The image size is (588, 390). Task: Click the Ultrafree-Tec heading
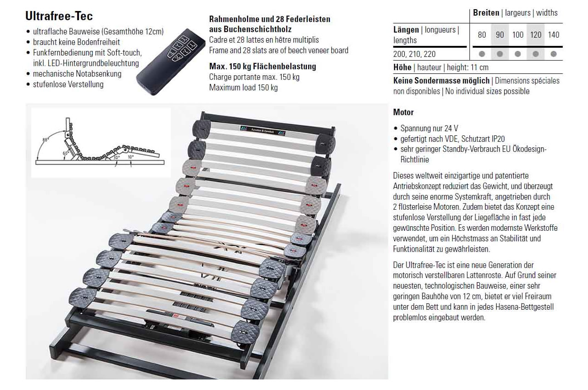click(x=59, y=16)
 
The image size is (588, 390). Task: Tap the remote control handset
click(x=170, y=61)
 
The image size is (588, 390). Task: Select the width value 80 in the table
click(x=482, y=34)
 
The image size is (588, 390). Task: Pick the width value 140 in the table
click(x=554, y=34)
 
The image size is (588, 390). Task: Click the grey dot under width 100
click(x=518, y=54)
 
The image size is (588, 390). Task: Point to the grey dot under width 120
click(x=536, y=54)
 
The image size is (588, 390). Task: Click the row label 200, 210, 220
click(x=414, y=54)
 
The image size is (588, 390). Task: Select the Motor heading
click(x=403, y=112)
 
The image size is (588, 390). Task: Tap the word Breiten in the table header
click(x=486, y=12)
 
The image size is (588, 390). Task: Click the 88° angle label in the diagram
click(x=45, y=140)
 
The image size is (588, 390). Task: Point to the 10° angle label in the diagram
click(x=130, y=157)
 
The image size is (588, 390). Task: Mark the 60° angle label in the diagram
click(x=65, y=153)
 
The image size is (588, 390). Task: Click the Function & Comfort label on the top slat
click(x=262, y=131)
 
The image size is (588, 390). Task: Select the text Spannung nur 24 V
click(x=429, y=128)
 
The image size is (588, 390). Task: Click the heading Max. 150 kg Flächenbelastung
click(x=262, y=67)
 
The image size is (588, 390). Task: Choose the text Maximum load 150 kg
click(x=243, y=87)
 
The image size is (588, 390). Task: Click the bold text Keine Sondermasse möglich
click(x=441, y=80)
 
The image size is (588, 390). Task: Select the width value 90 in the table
click(x=500, y=34)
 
